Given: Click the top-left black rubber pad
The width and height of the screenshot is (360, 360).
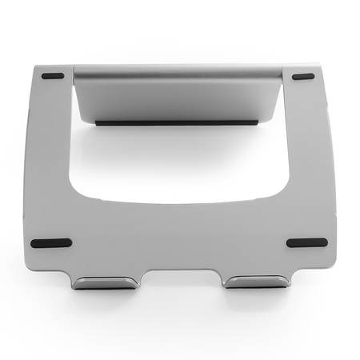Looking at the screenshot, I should (x=53, y=77).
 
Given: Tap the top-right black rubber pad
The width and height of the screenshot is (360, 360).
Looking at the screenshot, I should (x=303, y=77).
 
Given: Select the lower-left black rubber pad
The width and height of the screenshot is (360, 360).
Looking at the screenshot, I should (x=50, y=243).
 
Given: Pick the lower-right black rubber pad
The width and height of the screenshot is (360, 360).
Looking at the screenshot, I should (x=306, y=242).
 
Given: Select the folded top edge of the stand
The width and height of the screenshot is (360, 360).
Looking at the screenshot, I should (x=178, y=70).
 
